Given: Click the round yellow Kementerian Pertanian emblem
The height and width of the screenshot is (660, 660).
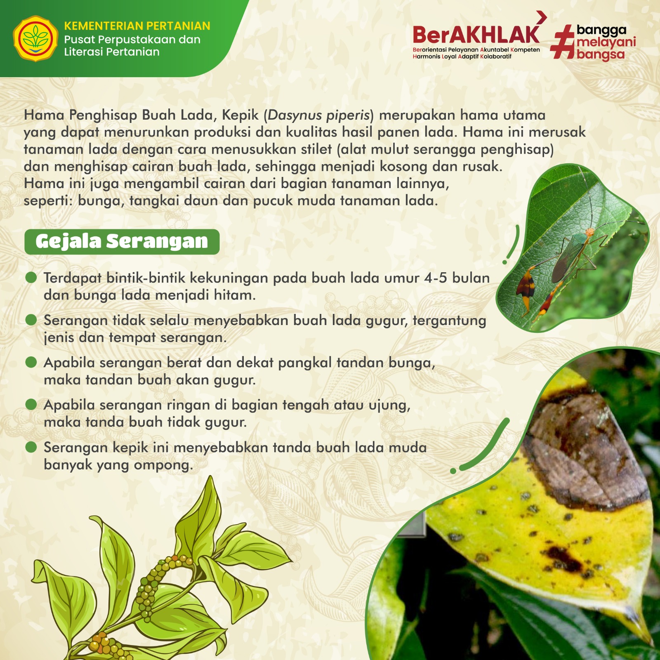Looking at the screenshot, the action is click(35, 38).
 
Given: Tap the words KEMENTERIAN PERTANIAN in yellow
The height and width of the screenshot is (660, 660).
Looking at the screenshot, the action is click(137, 26).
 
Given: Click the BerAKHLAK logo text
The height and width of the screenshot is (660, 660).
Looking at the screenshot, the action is click(476, 35).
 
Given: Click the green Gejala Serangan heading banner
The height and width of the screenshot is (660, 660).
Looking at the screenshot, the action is click(122, 242).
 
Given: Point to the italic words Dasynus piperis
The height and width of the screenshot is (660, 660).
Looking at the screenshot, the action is click(318, 115).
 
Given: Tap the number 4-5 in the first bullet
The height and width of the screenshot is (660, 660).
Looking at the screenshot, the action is click(436, 278).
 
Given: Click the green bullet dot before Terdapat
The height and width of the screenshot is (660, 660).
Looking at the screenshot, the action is click(31, 277).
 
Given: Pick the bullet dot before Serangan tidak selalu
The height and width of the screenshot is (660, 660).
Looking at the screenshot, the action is click(31, 320).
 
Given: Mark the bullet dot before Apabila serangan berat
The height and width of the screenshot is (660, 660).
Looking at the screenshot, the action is click(31, 362).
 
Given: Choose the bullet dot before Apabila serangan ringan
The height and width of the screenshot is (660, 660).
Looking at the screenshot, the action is click(31, 404).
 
